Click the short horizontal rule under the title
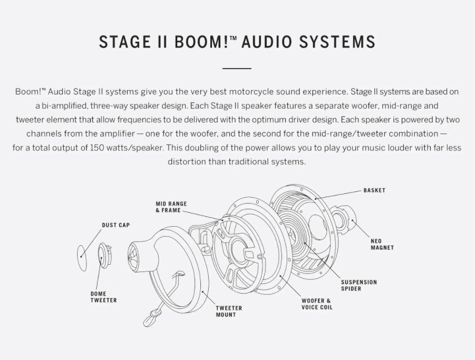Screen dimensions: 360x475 click(237, 69)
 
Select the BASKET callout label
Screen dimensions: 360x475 click(374, 190)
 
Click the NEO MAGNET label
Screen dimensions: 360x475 click(382, 244)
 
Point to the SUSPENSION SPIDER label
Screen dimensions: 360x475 click(358, 285)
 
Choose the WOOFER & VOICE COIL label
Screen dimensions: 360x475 click(317, 304)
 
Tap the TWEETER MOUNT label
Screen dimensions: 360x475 click(229, 311)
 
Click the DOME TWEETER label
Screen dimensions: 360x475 click(103, 297)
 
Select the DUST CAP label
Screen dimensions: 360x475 click(115, 225)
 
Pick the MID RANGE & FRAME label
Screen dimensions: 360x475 click(171, 207)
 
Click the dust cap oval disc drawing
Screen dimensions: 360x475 click(82, 258)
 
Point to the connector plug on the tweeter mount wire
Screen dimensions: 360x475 click(150, 318)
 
